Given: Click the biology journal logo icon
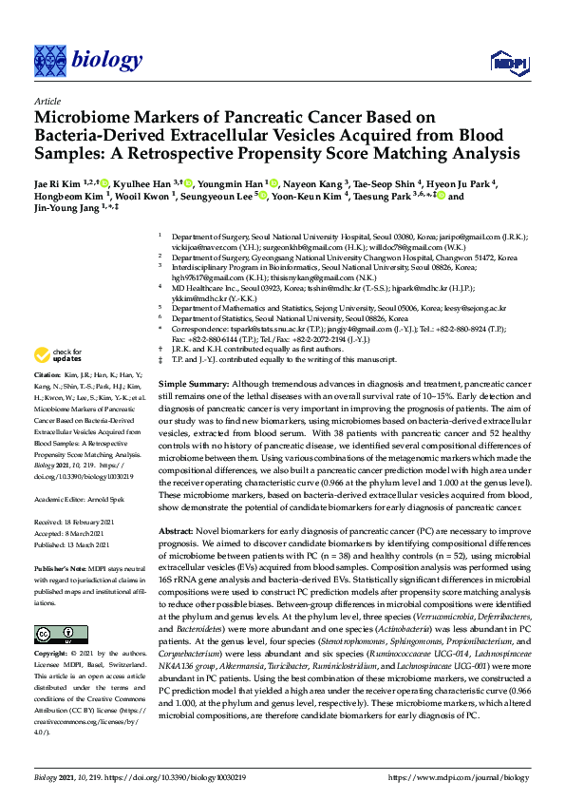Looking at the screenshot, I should click(49, 61).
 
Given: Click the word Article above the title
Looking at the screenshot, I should click(47, 101).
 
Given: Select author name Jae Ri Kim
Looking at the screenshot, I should click(55, 182).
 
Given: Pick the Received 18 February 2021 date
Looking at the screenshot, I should click(74, 521).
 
